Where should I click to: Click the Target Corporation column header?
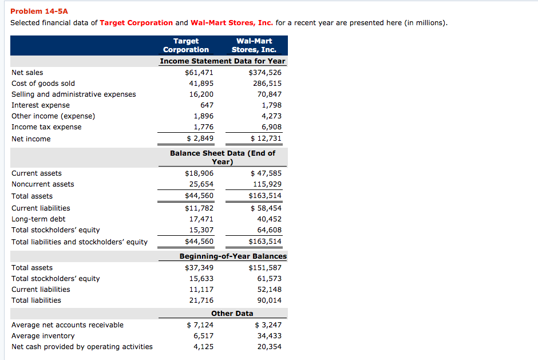point(185,45)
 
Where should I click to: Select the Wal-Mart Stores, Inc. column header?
point(254,45)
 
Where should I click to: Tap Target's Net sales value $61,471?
point(199,73)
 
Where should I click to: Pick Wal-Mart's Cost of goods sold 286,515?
point(267,84)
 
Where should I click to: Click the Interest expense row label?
point(41,105)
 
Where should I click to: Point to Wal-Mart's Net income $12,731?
point(266,139)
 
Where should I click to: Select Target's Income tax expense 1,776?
point(203,127)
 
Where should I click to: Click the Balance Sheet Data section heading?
point(222,157)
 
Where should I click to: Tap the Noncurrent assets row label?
point(43,184)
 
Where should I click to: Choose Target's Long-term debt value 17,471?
point(201,219)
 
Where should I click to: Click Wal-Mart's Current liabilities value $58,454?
point(266,208)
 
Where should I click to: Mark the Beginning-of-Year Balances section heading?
point(233,256)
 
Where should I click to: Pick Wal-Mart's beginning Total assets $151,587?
point(264,268)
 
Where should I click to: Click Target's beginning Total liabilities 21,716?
point(201,300)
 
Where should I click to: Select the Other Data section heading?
point(232,314)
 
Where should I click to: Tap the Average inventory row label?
point(43,336)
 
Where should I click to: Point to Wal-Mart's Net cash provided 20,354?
point(269,347)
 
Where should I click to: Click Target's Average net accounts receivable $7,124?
point(200,325)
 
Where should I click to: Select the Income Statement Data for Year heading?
point(222,61)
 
